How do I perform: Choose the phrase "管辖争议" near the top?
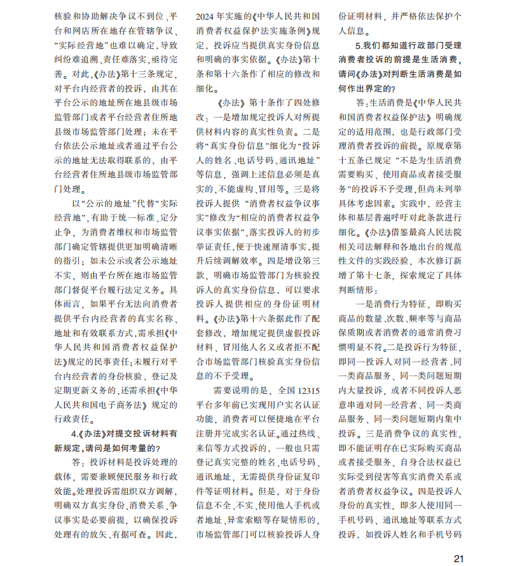point(151,30)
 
